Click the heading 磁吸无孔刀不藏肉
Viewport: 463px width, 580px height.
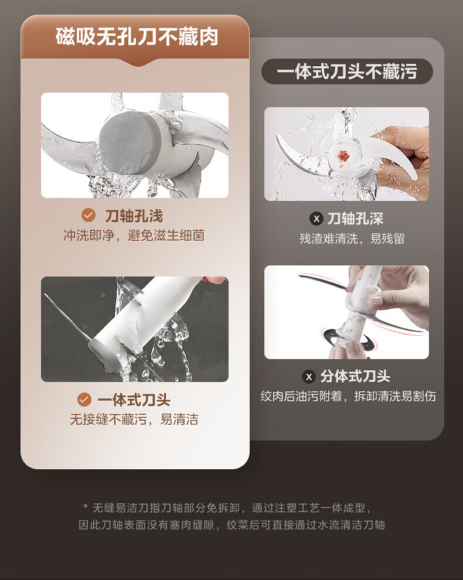point(137,37)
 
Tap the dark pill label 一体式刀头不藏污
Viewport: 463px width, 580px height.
point(347,71)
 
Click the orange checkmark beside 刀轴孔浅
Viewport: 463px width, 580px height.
point(88,215)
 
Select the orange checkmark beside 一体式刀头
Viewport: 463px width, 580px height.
point(84,400)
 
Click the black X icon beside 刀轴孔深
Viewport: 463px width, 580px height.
point(316,219)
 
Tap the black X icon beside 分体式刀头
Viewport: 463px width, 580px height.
point(309,377)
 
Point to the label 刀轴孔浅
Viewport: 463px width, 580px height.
point(134,216)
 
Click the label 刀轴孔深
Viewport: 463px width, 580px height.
point(355,219)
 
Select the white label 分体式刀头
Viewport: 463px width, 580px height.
point(355,377)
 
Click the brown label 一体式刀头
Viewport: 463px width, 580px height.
point(134,400)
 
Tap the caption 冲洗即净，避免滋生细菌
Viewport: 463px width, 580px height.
point(134,236)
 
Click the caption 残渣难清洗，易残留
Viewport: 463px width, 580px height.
point(352,238)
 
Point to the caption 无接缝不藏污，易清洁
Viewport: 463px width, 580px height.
point(134,419)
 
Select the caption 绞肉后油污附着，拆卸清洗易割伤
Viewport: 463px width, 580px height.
point(348,396)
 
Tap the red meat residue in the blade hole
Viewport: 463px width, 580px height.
point(343,155)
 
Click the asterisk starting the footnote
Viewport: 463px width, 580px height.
point(86,506)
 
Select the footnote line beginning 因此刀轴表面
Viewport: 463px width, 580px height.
point(231,524)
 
